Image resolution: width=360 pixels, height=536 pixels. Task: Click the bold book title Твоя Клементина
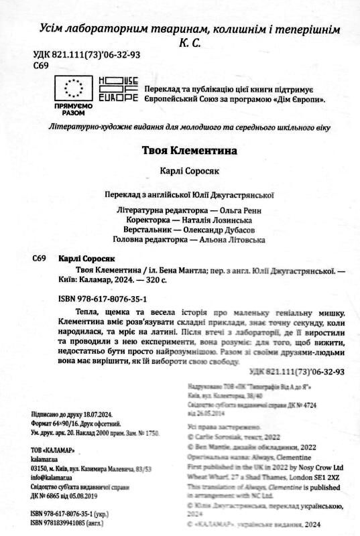click(x=180, y=151)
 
